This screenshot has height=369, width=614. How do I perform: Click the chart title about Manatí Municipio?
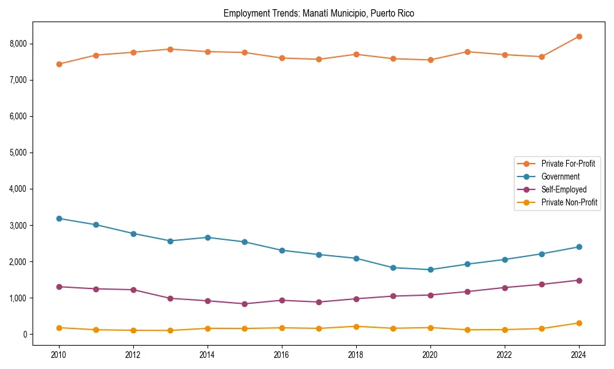[319, 14]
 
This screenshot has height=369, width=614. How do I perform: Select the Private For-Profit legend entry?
[567, 164]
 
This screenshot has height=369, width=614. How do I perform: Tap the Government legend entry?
[560, 177]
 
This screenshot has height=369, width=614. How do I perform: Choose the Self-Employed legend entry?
[564, 189]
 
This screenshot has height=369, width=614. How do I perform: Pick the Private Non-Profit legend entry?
[569, 202]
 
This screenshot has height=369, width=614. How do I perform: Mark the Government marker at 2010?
[59, 218]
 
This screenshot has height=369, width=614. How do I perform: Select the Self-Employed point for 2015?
[244, 304]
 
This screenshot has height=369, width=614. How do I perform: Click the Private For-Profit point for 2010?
[59, 64]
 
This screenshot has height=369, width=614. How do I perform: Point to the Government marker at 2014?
[208, 237]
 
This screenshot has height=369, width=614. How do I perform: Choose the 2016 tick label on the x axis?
[282, 355]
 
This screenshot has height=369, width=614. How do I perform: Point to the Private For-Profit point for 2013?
[170, 49]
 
